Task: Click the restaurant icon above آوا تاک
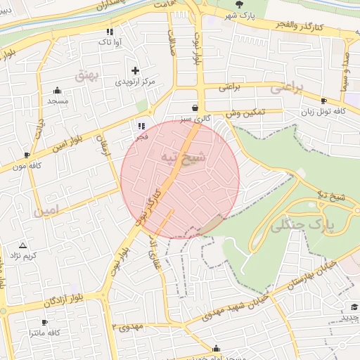[109, 32]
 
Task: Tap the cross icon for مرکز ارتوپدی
[135, 71]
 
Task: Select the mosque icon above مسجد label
[57, 90]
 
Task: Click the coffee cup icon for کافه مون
[27, 155]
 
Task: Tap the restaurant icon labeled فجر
[142, 126]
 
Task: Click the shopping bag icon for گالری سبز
[194, 108]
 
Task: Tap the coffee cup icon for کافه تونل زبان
[323, 101]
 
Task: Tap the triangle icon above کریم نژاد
[23, 245]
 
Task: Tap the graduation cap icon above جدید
[354, 307]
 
